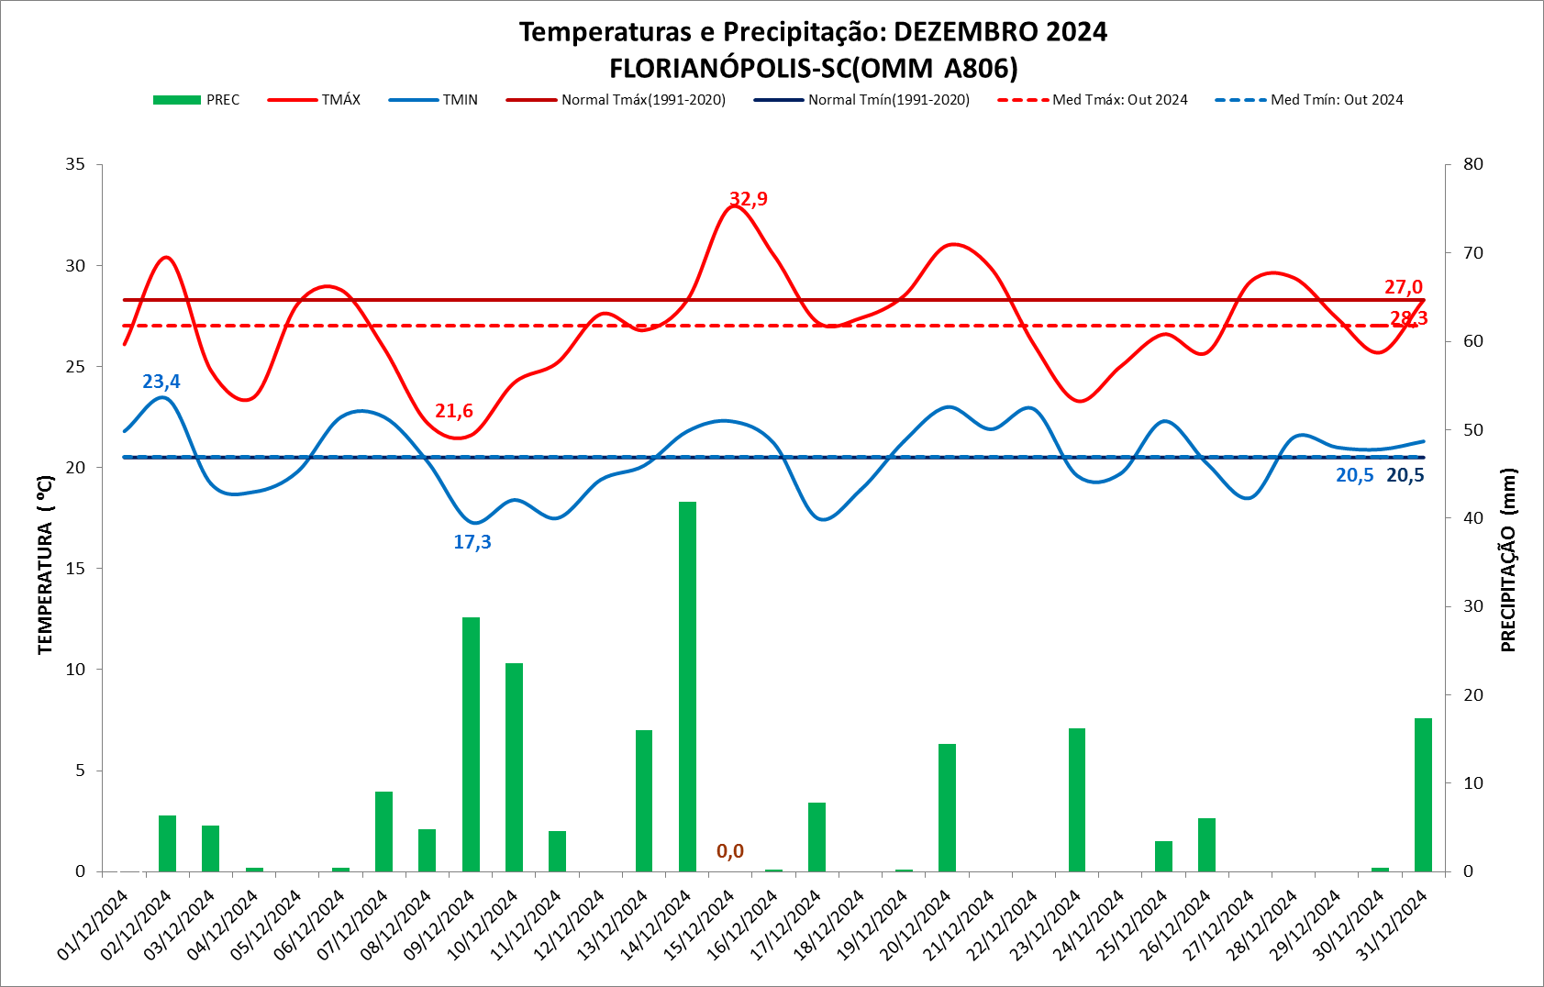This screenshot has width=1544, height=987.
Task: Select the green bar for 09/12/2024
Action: click(x=471, y=744)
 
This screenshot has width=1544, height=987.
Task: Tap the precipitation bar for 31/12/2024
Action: click(x=1423, y=794)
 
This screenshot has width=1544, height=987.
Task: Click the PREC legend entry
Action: click(x=196, y=100)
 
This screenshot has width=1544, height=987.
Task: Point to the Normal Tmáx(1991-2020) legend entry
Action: click(x=616, y=100)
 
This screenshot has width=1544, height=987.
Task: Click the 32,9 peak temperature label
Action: click(x=749, y=199)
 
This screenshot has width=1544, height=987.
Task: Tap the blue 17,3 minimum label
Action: click(x=472, y=542)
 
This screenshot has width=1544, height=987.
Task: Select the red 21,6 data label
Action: click(x=454, y=411)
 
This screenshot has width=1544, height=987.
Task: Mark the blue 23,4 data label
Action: click(x=161, y=382)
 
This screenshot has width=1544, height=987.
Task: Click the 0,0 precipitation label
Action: click(x=730, y=851)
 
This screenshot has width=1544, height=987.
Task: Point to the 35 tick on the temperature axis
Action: click(x=75, y=164)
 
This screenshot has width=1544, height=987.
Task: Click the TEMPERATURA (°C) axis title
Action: click(x=45, y=564)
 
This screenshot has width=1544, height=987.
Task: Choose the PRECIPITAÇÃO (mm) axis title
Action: click(x=1508, y=560)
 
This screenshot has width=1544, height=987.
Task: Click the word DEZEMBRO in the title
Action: click(x=965, y=32)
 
